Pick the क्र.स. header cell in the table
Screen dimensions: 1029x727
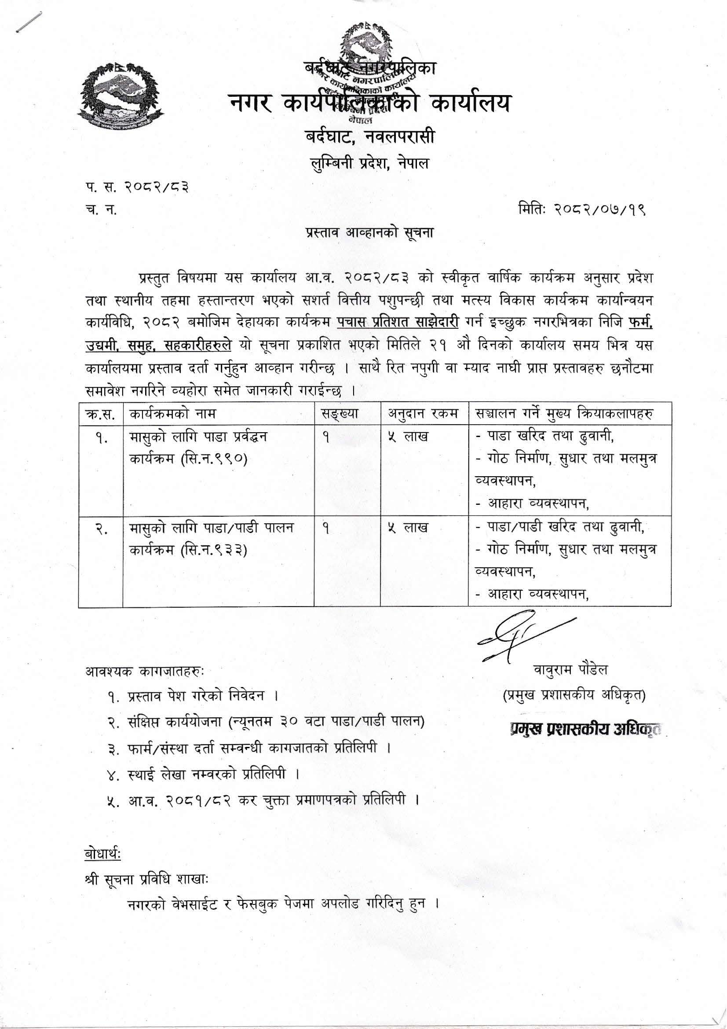pos(101,413)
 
